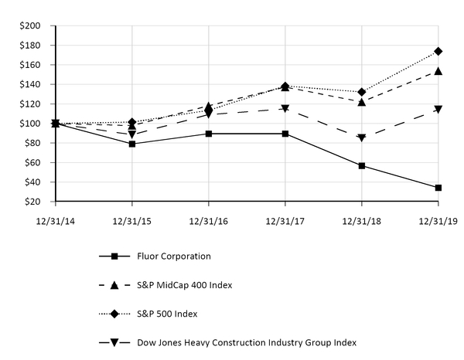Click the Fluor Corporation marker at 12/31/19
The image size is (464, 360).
[x=438, y=188]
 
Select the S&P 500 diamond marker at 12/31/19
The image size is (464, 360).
[x=438, y=51]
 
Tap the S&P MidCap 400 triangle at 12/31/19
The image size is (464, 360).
[x=438, y=71]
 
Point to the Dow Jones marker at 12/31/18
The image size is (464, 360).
[x=362, y=138]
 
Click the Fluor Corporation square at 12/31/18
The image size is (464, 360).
[x=362, y=165]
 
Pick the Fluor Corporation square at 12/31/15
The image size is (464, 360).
[x=132, y=144]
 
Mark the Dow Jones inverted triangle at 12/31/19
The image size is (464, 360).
[x=438, y=110]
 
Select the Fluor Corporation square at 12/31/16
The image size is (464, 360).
[x=209, y=134]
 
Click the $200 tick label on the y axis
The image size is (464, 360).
[x=30, y=25]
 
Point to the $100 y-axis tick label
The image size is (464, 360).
[x=30, y=124]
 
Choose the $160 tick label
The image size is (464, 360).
[x=30, y=65]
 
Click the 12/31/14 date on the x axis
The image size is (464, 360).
[x=55, y=220]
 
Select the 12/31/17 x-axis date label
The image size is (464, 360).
[x=285, y=220]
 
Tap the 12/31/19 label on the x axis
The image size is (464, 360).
[x=438, y=220]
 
